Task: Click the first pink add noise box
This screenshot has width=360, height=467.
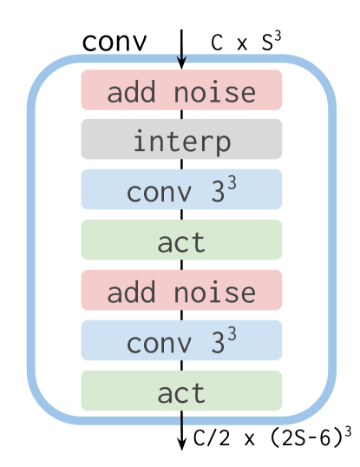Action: pos(181,91)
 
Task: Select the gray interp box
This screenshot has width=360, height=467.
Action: pos(181,141)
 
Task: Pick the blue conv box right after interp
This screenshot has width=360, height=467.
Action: pos(181,190)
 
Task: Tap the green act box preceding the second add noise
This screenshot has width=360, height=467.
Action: pos(181,240)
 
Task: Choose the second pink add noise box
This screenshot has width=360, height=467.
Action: pos(181,291)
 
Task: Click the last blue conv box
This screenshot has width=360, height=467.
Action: pos(181,341)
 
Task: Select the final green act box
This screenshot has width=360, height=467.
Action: pos(181,391)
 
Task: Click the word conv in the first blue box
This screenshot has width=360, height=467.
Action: pos(158,193)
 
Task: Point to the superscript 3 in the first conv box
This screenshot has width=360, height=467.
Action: pos(232,182)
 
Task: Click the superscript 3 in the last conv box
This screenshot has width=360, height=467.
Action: pos(232,333)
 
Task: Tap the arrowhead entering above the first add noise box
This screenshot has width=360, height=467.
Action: pos(181,61)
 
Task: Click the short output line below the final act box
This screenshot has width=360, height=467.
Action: pos(181,420)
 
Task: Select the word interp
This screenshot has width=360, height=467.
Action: pos(181,141)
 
